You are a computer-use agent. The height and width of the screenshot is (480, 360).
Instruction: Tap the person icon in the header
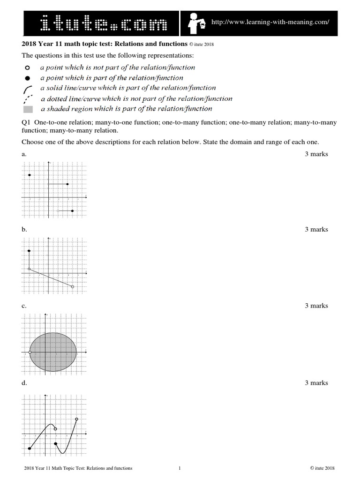[195, 22]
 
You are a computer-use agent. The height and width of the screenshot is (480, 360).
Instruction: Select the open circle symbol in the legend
[28, 68]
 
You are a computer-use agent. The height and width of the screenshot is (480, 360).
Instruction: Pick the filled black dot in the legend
[28, 78]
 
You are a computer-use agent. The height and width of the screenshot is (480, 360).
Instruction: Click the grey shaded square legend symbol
[28, 109]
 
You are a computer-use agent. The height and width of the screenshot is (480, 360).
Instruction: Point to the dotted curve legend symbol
[28, 98]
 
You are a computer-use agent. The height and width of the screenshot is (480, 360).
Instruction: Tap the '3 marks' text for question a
[316, 154]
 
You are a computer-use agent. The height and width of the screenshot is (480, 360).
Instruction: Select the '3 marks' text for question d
[316, 383]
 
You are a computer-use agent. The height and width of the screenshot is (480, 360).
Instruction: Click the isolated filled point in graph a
[30, 175]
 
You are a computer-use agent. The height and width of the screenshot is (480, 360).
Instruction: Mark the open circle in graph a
[58, 211]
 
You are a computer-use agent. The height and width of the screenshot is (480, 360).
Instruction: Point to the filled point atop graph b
[29, 251]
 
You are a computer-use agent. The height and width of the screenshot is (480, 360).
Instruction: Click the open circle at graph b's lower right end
[72, 286]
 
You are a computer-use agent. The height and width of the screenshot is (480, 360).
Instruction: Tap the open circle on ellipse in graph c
[30, 352]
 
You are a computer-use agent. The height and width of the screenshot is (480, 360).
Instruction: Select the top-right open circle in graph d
[76, 419]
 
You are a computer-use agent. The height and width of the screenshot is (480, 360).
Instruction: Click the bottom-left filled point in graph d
[30, 448]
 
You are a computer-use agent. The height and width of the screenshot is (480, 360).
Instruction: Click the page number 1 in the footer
[180, 468]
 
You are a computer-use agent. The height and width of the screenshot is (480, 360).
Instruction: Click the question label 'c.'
[24, 306]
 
